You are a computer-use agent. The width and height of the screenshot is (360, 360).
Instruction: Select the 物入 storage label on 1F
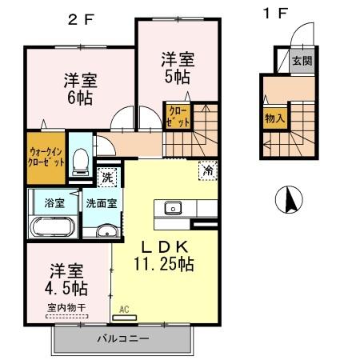click(274, 118)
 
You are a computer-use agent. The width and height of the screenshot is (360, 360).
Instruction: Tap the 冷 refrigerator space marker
click(207, 169)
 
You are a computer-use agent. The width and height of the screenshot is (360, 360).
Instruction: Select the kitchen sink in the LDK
click(174, 209)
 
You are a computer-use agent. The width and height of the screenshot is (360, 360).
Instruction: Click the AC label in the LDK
click(124, 308)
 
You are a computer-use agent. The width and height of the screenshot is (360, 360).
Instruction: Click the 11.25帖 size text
click(166, 262)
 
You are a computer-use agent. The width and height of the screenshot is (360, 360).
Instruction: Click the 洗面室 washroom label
click(102, 202)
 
